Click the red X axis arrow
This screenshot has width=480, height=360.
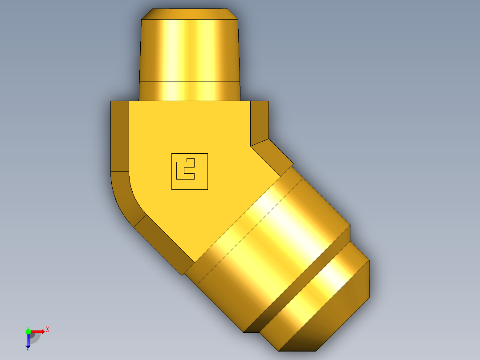[x=38, y=331]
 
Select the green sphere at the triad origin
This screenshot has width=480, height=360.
[x=28, y=331]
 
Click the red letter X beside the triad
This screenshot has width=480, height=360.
[x=48, y=330]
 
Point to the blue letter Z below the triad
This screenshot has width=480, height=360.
[x=28, y=349]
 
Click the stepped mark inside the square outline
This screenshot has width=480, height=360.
[x=185, y=169]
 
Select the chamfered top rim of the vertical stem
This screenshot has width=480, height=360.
[x=189, y=14]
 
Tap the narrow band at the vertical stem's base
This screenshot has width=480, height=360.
[x=189, y=91]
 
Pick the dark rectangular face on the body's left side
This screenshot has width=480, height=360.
[x=119, y=136]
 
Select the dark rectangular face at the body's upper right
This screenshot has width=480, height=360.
[x=260, y=120]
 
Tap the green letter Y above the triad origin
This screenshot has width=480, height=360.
[x=28, y=327]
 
